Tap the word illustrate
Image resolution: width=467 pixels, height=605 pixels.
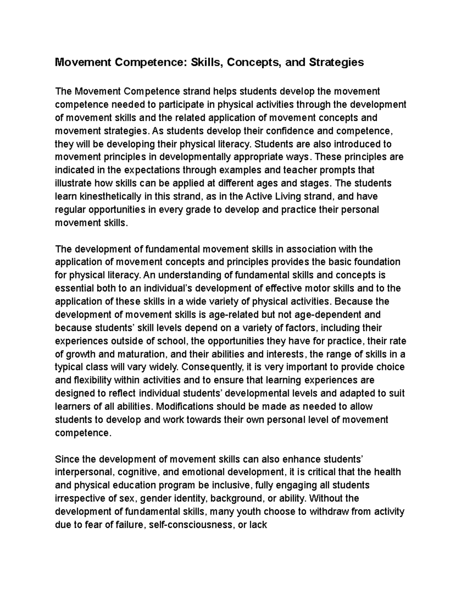[73, 183]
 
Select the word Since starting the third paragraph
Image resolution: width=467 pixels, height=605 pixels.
[66, 459]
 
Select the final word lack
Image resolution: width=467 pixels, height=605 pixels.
[258, 525]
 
